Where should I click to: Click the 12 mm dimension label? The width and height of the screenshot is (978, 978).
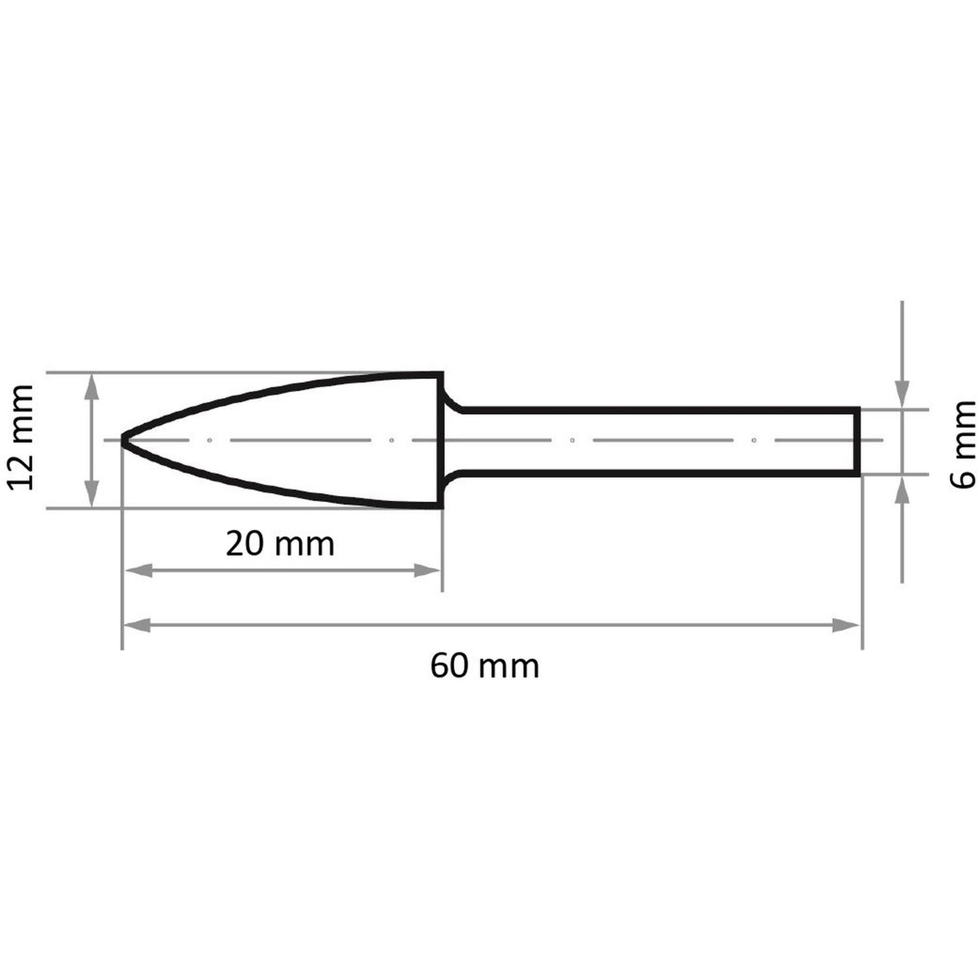point(21,437)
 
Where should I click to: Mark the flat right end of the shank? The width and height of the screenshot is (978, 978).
point(859,442)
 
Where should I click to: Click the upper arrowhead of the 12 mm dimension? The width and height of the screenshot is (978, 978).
point(91,389)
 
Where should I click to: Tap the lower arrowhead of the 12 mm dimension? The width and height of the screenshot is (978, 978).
point(91,492)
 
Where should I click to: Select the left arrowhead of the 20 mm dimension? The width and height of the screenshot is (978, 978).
point(138,571)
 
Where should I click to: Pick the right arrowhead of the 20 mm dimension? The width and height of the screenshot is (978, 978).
point(427,571)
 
